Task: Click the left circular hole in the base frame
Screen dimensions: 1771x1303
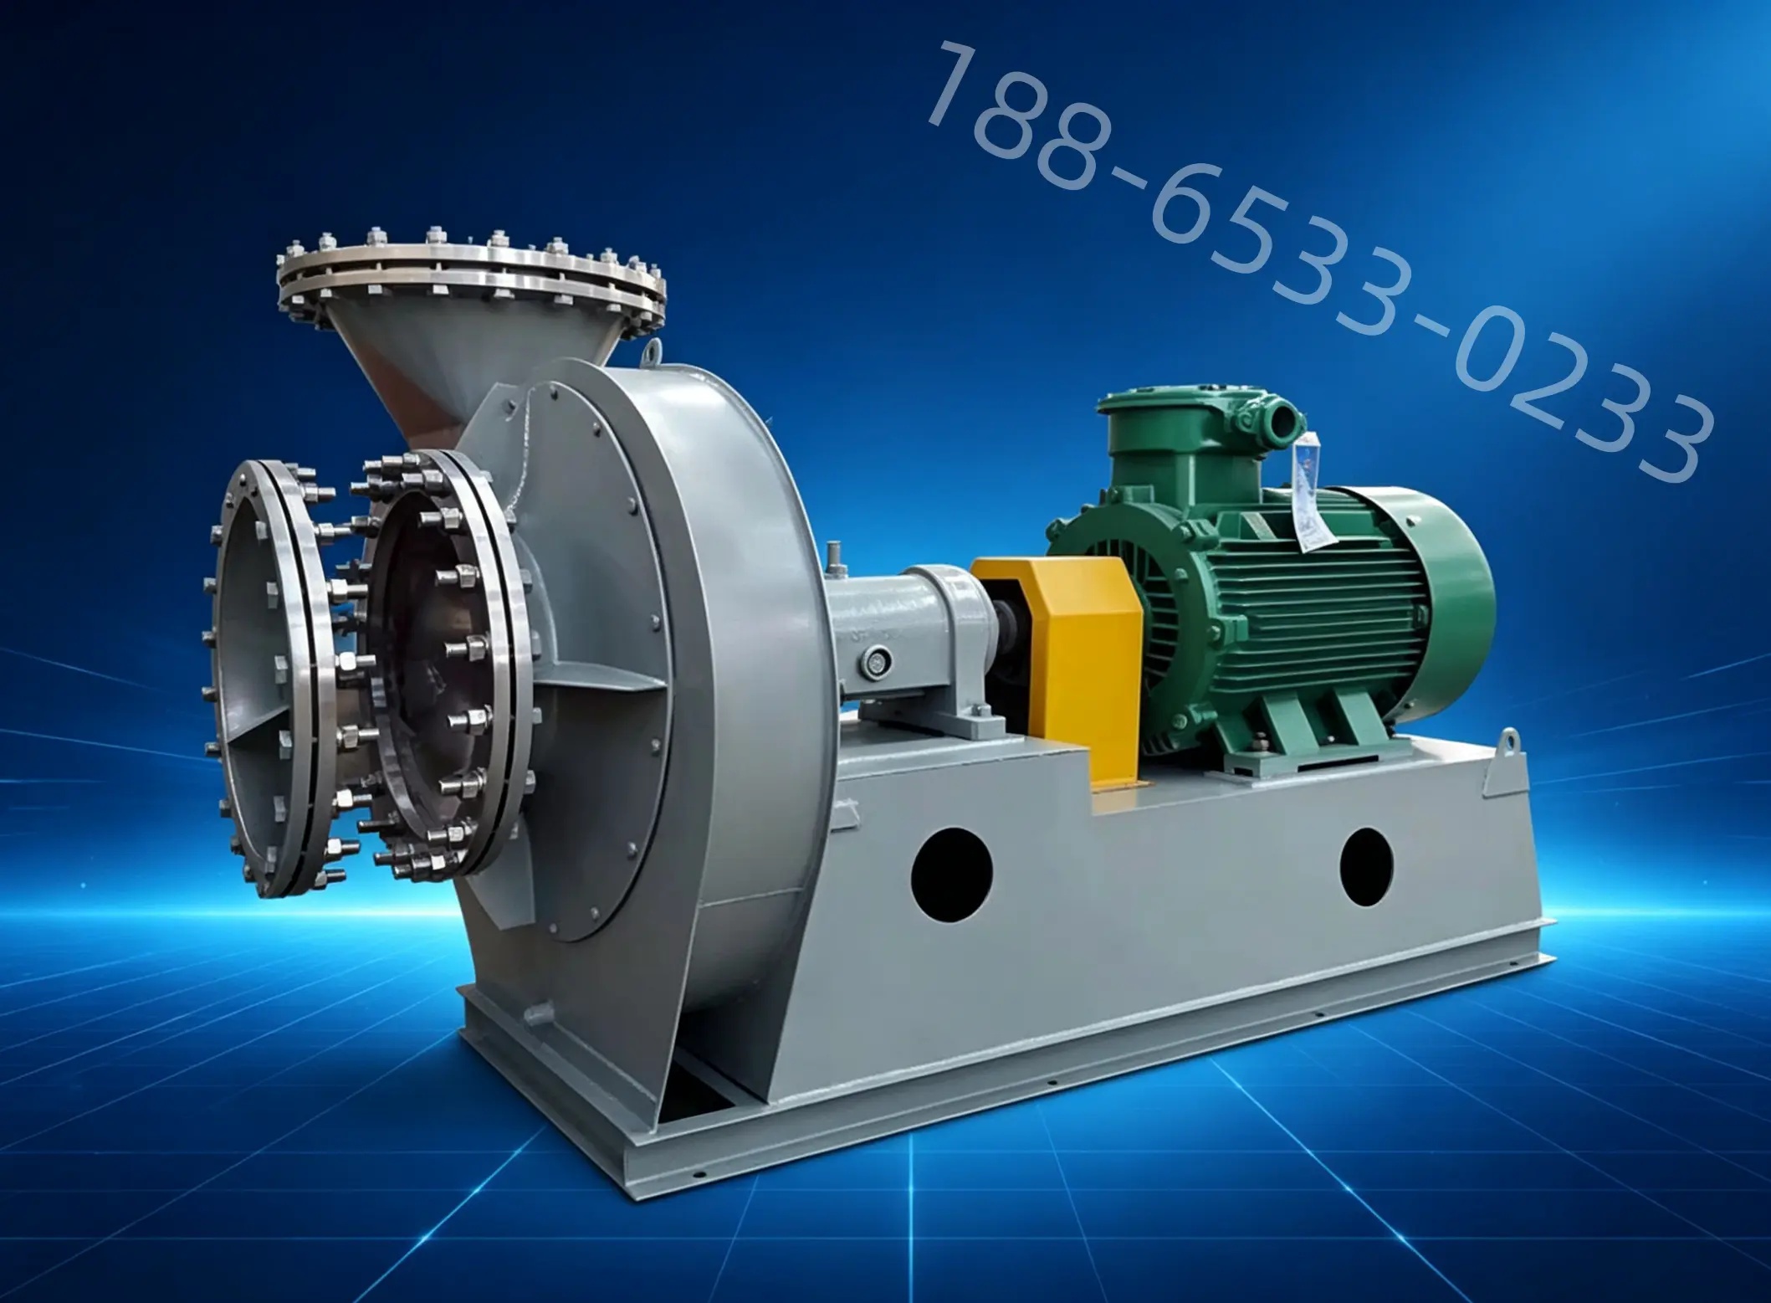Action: [951, 870]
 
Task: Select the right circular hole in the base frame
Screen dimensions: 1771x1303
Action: [1365, 865]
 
